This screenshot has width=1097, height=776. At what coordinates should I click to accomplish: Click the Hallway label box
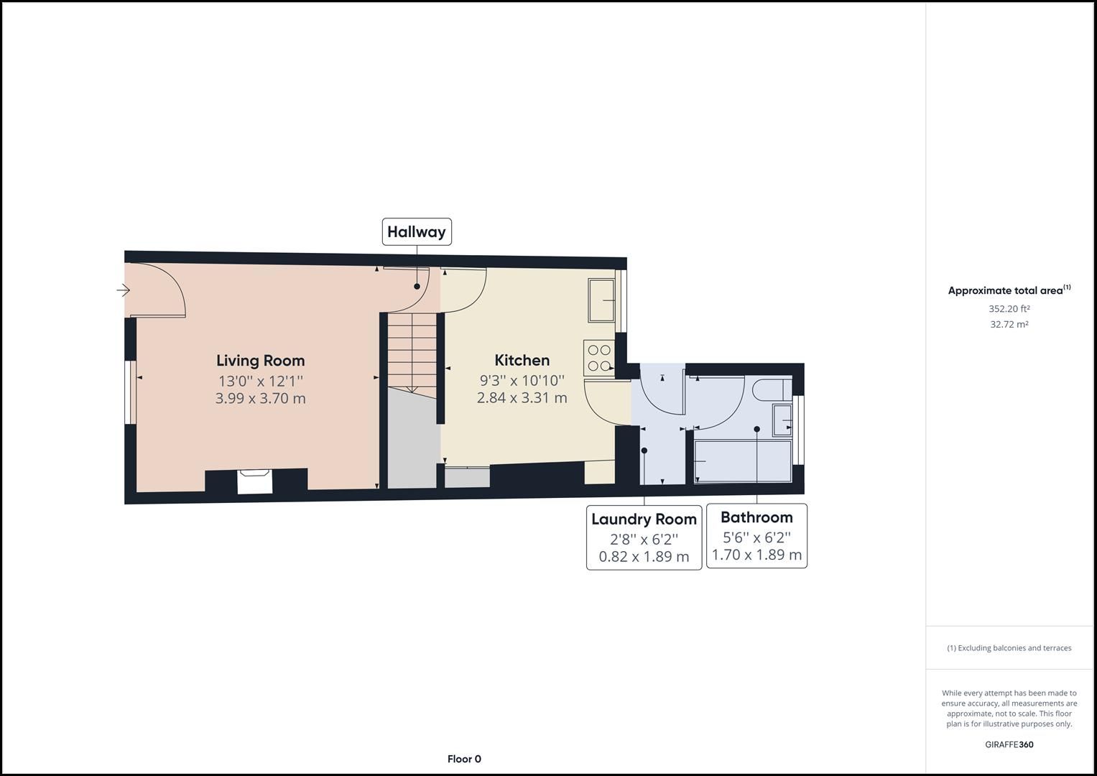pos(417,231)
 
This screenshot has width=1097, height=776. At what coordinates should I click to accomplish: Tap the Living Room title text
pos(260,361)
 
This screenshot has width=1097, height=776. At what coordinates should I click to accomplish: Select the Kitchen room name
pos(522,361)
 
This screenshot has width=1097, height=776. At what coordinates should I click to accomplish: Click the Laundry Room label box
pos(644,537)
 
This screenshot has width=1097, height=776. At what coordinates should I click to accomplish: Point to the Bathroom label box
pos(756,536)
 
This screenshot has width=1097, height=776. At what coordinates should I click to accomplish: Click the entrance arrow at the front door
pos(124,290)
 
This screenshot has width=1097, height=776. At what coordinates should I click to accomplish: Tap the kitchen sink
pos(601,300)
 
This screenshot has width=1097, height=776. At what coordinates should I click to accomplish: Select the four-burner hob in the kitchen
pos(598,358)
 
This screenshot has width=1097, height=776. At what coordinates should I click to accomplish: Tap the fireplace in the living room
pos(254,481)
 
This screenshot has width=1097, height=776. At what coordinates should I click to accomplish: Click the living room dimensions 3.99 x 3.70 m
pos(260,398)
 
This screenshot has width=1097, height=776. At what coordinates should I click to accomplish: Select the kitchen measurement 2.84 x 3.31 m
pos(522,397)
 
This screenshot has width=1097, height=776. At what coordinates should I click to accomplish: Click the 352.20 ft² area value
pos(1009,309)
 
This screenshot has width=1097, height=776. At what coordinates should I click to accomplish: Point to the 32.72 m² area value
pos(1009,324)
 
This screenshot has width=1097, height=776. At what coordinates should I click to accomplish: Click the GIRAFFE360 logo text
pos(1009,744)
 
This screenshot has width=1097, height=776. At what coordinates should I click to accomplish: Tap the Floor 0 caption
pos(464,759)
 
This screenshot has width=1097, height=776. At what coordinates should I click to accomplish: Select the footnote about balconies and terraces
pos(1009,648)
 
